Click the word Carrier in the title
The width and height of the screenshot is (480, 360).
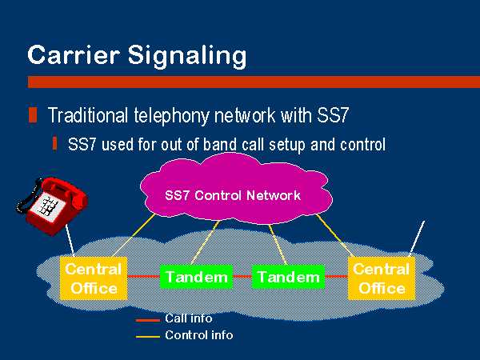74,54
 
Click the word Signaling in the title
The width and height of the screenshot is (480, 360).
187,56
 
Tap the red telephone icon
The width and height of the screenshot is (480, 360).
52,206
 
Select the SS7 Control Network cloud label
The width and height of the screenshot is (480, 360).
233,195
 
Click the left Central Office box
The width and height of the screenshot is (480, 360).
94,278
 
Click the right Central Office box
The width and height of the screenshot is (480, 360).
382,278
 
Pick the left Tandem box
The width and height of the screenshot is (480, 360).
197,277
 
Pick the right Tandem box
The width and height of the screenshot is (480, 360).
288,277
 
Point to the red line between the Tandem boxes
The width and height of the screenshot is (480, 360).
242,277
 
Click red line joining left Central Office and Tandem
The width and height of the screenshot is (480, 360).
143,277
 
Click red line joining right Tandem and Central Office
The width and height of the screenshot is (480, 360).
337,277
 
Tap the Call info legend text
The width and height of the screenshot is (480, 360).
189,318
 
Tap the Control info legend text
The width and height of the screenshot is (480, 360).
199,335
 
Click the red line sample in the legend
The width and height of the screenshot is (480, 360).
148,321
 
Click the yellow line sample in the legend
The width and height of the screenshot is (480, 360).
148,337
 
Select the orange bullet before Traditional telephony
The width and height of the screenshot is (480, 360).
33,115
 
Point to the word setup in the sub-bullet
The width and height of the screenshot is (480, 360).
288,145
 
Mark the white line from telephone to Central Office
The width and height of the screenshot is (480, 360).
70,241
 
